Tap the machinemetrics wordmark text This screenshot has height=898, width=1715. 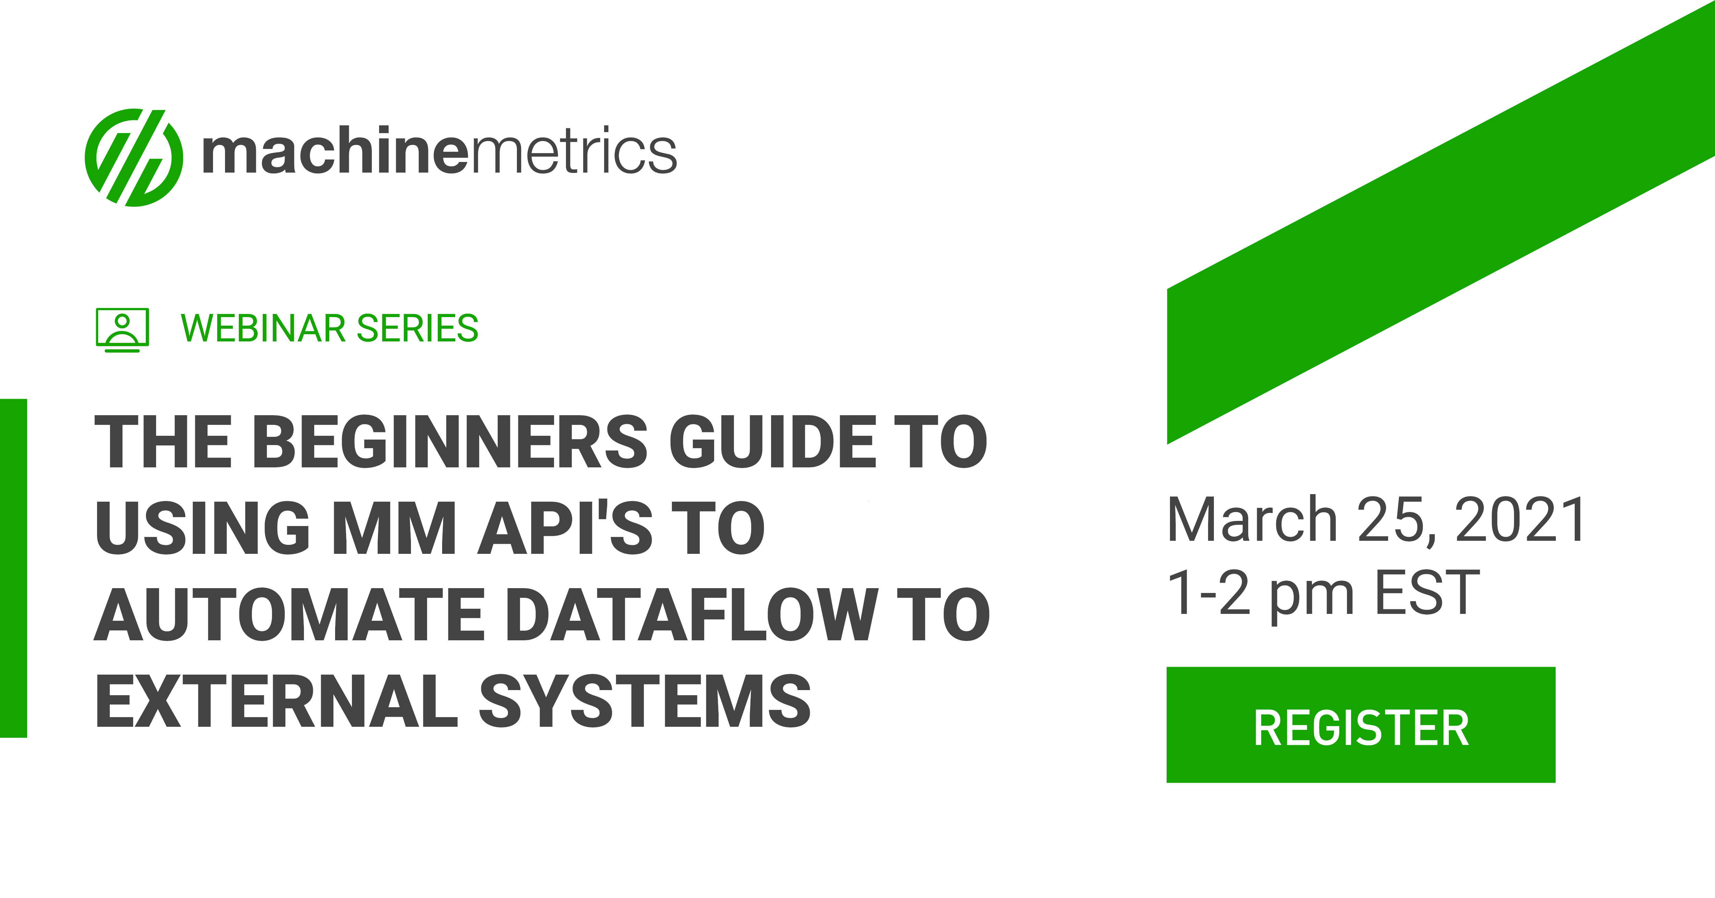(439, 152)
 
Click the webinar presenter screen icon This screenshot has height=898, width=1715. (122, 329)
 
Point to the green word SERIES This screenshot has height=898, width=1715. (417, 328)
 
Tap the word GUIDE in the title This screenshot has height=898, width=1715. (772, 442)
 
